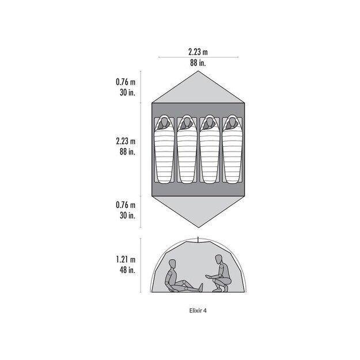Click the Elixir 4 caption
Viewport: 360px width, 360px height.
click(x=198, y=310)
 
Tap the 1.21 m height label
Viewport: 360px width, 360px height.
click(x=126, y=259)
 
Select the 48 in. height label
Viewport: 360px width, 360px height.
click(x=127, y=270)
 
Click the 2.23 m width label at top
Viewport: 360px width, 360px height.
click(x=198, y=52)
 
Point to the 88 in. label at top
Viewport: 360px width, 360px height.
click(x=198, y=62)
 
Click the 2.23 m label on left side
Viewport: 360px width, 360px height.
click(x=126, y=141)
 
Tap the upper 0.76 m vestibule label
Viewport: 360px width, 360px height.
click(x=126, y=82)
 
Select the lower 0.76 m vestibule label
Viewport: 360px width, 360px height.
click(x=126, y=205)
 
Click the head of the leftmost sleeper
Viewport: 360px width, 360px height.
click(x=164, y=122)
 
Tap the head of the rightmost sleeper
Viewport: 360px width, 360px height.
click(x=232, y=122)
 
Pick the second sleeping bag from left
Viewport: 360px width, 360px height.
click(x=187, y=149)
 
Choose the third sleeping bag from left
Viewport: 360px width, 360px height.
click(x=210, y=149)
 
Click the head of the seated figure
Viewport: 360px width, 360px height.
click(x=172, y=264)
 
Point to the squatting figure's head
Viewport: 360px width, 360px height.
click(x=219, y=259)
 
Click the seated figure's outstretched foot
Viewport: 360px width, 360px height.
click(x=201, y=287)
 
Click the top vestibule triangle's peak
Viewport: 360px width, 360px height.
click(x=198, y=71)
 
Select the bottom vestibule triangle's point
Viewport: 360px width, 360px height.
click(x=198, y=228)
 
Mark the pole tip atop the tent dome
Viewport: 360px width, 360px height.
click(x=198, y=237)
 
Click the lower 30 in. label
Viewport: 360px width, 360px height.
click(x=127, y=215)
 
